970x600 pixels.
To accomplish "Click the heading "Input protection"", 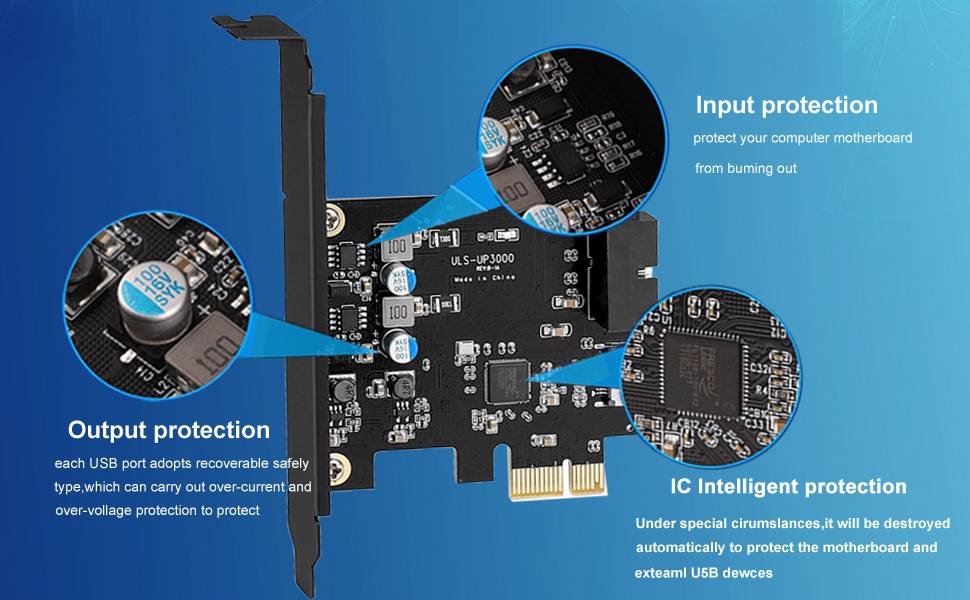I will coord(786,105).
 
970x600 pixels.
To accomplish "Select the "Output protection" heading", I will coord(169,430).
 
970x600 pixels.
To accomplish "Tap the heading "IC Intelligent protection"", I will coord(788,486).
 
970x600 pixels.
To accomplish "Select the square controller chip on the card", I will coord(504,380).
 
